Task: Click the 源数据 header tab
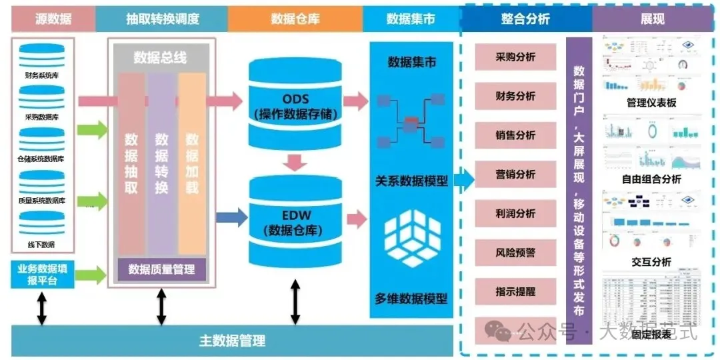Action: click(x=53, y=19)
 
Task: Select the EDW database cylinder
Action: click(x=295, y=220)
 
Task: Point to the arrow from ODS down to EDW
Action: click(x=294, y=161)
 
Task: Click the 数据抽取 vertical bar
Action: click(x=131, y=163)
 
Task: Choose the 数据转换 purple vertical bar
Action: click(x=161, y=163)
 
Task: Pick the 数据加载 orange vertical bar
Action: click(x=192, y=163)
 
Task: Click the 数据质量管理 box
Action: click(x=161, y=269)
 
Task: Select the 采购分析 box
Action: click(x=515, y=57)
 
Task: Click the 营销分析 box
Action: click(x=515, y=175)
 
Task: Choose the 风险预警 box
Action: click(x=515, y=253)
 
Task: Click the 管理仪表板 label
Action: click(x=651, y=103)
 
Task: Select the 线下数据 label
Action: click(x=41, y=245)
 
